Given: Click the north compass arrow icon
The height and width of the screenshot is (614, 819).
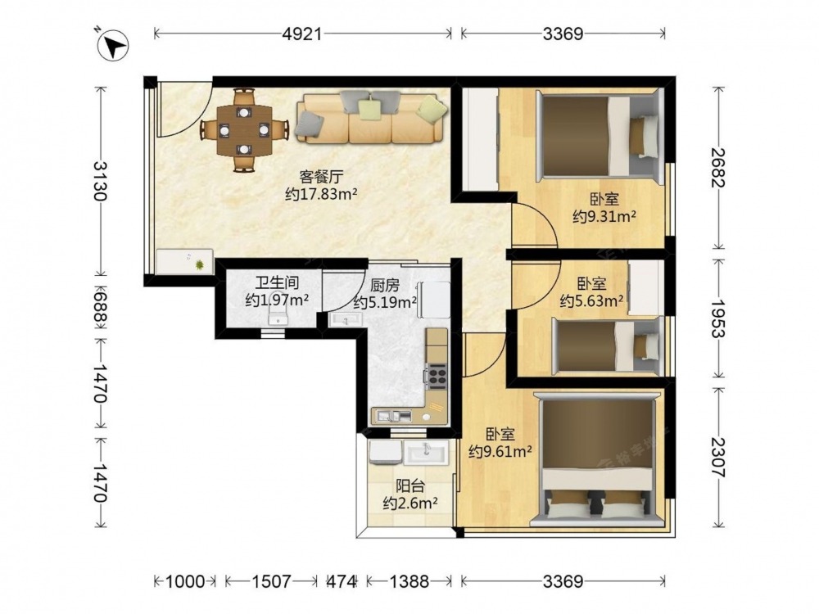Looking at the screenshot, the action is (112, 45).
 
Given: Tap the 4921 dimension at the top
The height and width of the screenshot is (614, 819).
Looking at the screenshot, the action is (302, 34).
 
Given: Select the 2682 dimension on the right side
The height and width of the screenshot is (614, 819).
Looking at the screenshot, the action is (718, 168).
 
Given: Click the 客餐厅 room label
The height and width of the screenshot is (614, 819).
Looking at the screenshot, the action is (321, 176).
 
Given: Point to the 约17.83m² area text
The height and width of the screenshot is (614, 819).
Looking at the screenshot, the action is (321, 194).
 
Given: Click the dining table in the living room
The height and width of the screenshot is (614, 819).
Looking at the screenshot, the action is (244, 129).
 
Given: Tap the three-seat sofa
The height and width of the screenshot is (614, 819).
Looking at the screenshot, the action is (371, 118).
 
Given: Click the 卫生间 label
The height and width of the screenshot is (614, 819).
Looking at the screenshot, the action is (277, 282).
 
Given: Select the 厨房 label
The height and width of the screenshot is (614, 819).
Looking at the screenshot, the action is (385, 285).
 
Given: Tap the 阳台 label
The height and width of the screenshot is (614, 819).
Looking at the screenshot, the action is (410, 485).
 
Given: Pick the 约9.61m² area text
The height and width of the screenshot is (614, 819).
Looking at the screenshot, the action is (500, 452).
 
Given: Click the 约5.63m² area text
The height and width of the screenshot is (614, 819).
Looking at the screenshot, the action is (592, 301).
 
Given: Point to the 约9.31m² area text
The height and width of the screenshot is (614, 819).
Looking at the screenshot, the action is (604, 216).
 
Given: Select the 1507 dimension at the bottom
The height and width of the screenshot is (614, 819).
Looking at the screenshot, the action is (271, 581).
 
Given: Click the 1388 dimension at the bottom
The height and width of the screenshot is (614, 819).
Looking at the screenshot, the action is (409, 581).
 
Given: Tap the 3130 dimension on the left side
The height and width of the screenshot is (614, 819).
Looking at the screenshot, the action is (100, 181).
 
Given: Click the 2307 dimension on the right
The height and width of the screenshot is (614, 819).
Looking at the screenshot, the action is (718, 458).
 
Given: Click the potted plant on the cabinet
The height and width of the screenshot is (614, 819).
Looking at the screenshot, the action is (200, 265).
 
